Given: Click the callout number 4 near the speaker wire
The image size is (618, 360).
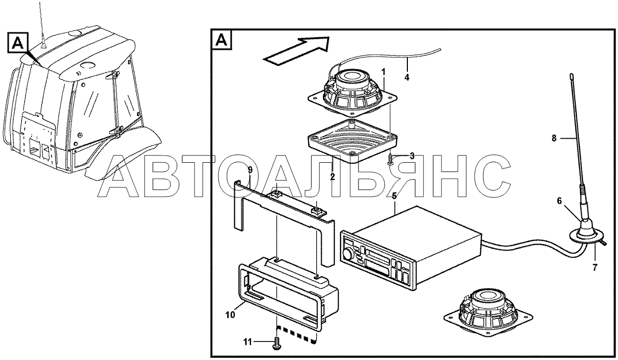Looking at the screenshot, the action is pyautogui.click(x=407, y=77).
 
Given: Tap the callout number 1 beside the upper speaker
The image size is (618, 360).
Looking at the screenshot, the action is pyautogui.click(x=383, y=72).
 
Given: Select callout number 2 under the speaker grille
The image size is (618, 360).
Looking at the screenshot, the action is pyautogui.click(x=333, y=177).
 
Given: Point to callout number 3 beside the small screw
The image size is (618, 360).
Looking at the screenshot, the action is pyautogui.click(x=412, y=156).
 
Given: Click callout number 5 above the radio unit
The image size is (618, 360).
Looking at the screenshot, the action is pyautogui.click(x=394, y=196).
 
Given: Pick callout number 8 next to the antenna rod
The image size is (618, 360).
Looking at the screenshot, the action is pyautogui.click(x=554, y=138).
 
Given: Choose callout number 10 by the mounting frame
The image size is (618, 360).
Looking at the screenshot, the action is pyautogui.click(x=230, y=315).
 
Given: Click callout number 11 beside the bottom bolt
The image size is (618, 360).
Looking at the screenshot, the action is pyautogui.click(x=248, y=342).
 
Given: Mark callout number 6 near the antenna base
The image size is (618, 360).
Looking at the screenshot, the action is pyautogui.click(x=559, y=201).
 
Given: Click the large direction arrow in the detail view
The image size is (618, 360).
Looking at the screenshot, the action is pyautogui.click(x=297, y=52).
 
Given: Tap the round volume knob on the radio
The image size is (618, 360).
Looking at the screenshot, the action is pyautogui.click(x=348, y=254).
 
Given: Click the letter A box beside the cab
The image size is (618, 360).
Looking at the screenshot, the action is pyautogui.click(x=18, y=42).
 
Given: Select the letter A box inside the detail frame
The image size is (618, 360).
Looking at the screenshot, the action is pyautogui.click(x=221, y=40).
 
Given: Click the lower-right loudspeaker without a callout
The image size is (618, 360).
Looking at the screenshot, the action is pyautogui.click(x=488, y=313).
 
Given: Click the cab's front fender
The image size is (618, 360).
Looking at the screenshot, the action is pyautogui.click(x=123, y=155).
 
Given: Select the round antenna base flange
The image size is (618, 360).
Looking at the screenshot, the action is pyautogui.click(x=587, y=237).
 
